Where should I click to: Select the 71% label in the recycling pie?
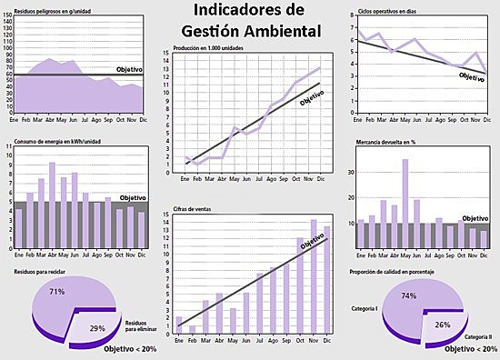point(56,292)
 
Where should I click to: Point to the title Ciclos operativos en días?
point(388,11)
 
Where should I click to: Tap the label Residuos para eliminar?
point(137,325)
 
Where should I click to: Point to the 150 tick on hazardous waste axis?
point(9,16)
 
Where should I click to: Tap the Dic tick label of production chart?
point(319,178)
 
